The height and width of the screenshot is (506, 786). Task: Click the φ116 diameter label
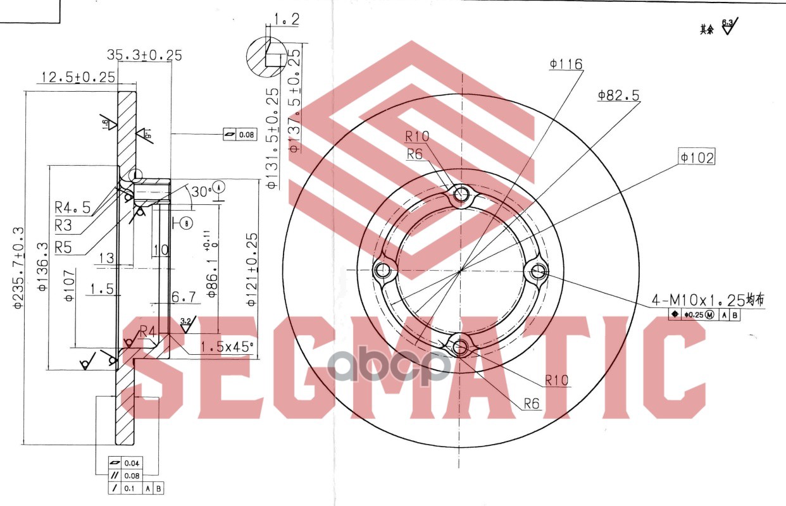click(566, 64)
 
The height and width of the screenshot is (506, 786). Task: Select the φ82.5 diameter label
click(618, 96)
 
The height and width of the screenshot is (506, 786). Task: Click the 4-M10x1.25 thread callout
click(708, 299)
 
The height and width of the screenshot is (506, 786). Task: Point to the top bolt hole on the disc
click(463, 195)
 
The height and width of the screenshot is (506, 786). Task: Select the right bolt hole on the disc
click(539, 272)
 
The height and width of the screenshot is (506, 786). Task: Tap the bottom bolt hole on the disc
click(460, 347)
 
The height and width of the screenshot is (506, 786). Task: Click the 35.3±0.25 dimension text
click(144, 55)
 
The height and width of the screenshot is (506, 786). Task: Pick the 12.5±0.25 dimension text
click(78, 77)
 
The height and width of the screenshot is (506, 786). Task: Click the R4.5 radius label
click(72, 207)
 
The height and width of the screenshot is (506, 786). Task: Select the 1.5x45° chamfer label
click(227, 347)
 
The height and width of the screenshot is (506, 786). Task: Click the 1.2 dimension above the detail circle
click(286, 20)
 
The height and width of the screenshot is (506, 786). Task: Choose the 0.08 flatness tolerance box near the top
click(240, 135)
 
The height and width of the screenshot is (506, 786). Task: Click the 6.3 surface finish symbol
click(729, 26)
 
